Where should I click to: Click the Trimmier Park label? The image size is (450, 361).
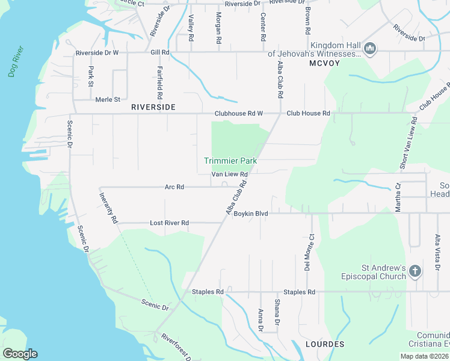point(230,161)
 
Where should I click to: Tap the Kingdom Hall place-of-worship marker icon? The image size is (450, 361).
point(370,48)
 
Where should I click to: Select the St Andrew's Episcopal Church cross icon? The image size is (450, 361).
point(415,271)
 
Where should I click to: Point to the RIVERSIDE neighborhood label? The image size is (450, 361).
point(153,106)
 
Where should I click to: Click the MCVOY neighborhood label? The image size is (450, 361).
point(325,63)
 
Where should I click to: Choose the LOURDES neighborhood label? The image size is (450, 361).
point(325,344)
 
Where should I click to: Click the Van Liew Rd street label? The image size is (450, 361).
point(229,174)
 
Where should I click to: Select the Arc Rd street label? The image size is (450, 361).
point(174,187)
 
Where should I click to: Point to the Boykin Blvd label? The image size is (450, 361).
point(251,214)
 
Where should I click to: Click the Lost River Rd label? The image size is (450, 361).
point(169,223)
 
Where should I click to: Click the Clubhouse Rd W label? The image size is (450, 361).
point(239,113)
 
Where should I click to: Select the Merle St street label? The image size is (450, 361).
point(108,99)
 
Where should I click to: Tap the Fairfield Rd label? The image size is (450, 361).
point(160,84)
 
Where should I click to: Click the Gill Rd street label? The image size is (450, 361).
point(159,52)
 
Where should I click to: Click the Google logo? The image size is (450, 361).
point(20,354)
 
